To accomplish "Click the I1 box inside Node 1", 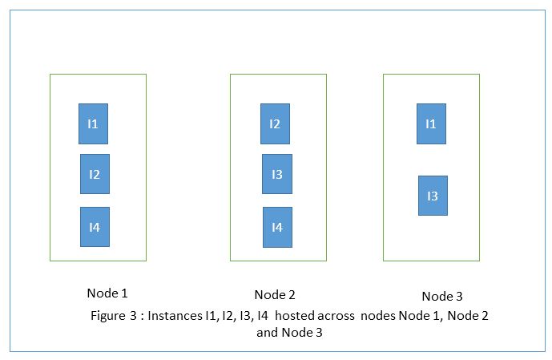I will tap(93, 123).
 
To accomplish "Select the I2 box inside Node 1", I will tap(95, 174).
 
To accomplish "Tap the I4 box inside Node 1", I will tap(95, 227).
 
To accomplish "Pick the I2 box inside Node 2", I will tap(275, 123).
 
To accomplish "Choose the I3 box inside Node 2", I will tap(277, 174).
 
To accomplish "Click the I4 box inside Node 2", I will tap(277, 227).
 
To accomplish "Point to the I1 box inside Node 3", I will tap(431, 123).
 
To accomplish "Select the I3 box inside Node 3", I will tap(433, 196).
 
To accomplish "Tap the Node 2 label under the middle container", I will tap(275, 294).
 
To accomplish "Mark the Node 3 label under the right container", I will tap(442, 295).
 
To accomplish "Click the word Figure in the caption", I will tap(107, 315).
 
